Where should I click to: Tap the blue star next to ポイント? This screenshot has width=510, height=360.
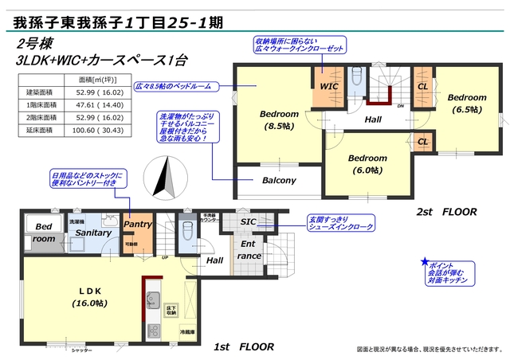426,262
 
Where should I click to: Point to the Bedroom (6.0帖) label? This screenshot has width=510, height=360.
367,163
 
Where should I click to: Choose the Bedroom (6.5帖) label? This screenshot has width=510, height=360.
467,102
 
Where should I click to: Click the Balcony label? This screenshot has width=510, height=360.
279,181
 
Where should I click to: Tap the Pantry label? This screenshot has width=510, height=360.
137,225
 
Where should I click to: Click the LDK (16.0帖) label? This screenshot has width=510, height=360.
89,297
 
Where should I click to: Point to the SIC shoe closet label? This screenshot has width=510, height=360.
248,221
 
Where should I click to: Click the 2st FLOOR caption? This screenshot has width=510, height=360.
447,212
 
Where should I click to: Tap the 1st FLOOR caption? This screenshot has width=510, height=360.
244,346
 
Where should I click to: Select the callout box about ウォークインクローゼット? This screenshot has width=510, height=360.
299,44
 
